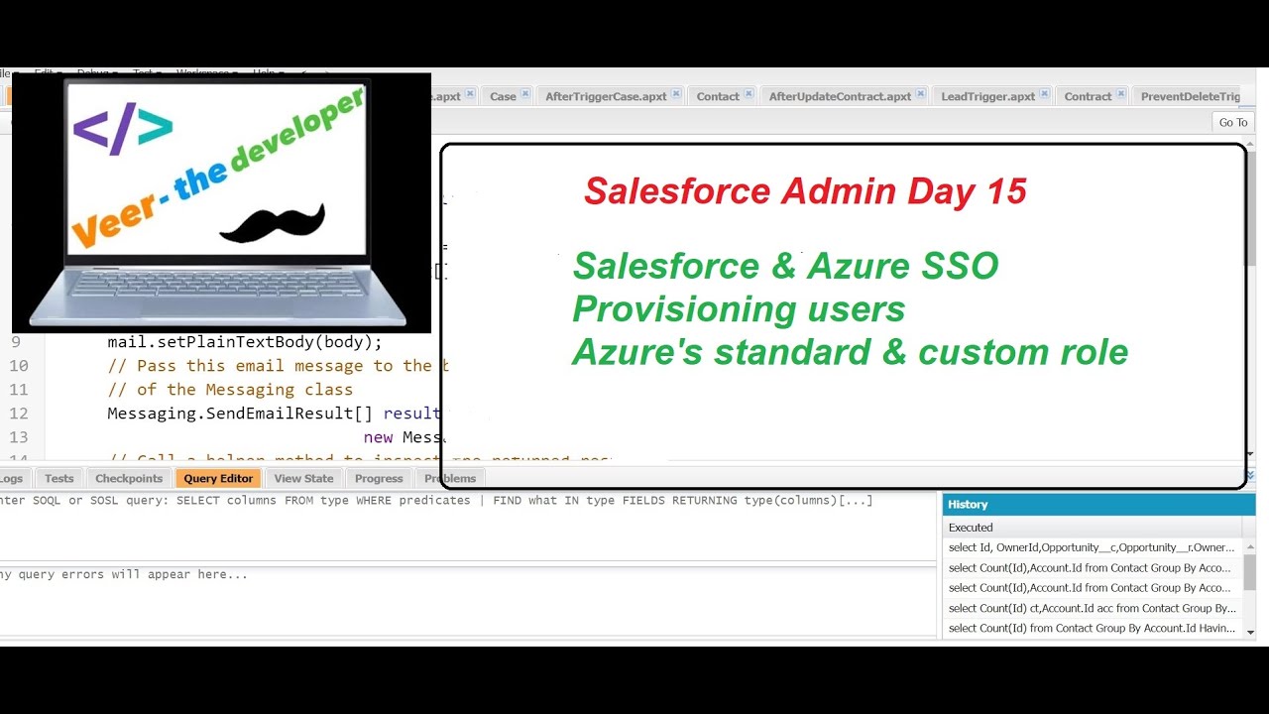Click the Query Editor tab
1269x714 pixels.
pyautogui.click(x=218, y=478)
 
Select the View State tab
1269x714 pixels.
pyautogui.click(x=303, y=478)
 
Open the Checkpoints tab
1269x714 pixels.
pyautogui.click(x=129, y=478)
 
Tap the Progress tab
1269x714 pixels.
pyautogui.click(x=379, y=478)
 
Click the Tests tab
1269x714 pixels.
pyautogui.click(x=59, y=478)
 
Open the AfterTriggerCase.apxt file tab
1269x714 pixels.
pyautogui.click(x=606, y=96)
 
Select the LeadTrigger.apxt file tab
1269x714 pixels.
pyautogui.click(x=987, y=96)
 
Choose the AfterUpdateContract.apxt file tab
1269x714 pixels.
pyautogui.click(x=840, y=96)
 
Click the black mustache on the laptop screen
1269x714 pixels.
pyautogui.click(x=272, y=223)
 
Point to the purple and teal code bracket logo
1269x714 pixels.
pyautogui.click(x=123, y=127)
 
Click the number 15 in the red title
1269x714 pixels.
pyautogui.click(x=1006, y=190)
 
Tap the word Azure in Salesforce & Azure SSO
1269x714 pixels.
pyautogui.click(x=859, y=266)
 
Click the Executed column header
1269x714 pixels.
pyautogui.click(x=971, y=528)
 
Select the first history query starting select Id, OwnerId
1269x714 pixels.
pyautogui.click(x=1092, y=547)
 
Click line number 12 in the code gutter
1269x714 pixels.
pyautogui.click(x=19, y=414)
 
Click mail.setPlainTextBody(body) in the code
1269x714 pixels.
pyautogui.click(x=245, y=342)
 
